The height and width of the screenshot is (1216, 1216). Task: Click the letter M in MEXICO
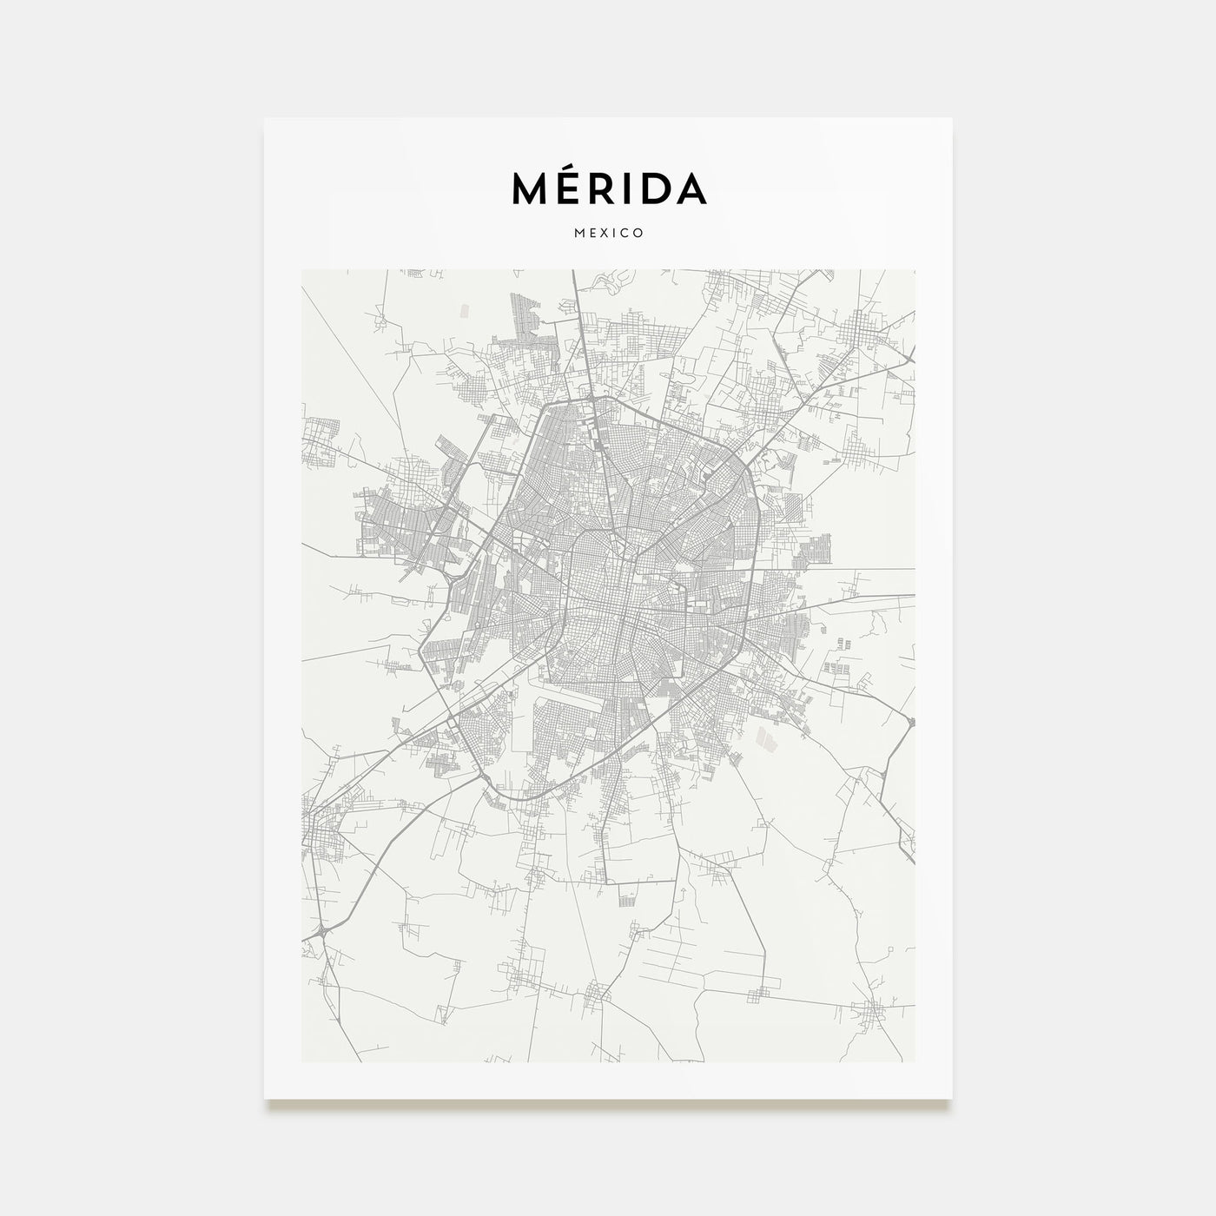click(578, 233)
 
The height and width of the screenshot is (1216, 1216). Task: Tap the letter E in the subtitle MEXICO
click(592, 233)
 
